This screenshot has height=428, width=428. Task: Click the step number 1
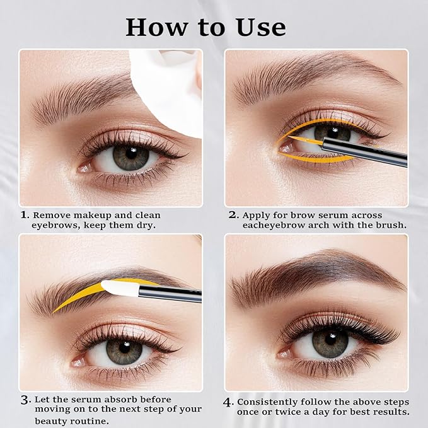click(24, 215)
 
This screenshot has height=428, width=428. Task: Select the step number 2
click(233, 215)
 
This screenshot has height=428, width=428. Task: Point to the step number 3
click(25, 400)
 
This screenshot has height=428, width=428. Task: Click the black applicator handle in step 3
click(170, 291)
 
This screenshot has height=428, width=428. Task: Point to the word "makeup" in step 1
click(90, 215)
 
